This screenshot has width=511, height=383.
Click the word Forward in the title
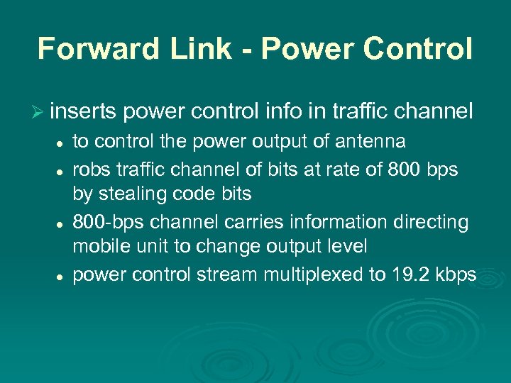pos(90,49)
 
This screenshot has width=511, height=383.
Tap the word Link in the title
pos(187,49)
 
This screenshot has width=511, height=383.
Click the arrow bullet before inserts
pos(40,111)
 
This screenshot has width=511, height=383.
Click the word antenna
pos(370,142)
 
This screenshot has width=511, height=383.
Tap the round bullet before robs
pos(62,170)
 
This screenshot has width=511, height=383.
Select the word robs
pos(89,170)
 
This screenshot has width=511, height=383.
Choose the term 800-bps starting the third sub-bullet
pos(104,222)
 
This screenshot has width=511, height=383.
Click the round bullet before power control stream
pos(62,275)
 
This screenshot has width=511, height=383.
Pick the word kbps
pos(454,275)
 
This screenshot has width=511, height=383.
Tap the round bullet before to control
pos(62,143)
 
